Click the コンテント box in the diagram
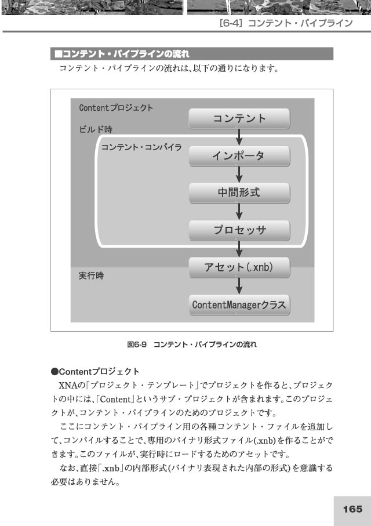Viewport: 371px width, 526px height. [x=239, y=118]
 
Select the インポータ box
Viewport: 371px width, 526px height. [x=239, y=156]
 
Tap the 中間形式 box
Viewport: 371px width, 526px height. [x=239, y=193]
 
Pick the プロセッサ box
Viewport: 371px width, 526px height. [x=239, y=230]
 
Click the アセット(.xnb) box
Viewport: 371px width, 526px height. [x=239, y=267]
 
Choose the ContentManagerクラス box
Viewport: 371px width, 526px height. [x=239, y=305]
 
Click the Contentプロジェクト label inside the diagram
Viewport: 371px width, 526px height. [x=116, y=108]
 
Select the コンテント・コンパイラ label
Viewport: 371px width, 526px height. [x=141, y=147]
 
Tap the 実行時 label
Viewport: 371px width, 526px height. [x=91, y=275]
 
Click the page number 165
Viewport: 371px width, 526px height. [x=352, y=509]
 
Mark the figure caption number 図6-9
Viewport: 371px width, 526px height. [x=137, y=344]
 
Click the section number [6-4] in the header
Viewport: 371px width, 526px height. [x=230, y=23]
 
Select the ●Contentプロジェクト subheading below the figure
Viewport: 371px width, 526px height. [x=95, y=372]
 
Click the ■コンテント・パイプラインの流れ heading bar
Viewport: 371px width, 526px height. [x=192, y=54]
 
